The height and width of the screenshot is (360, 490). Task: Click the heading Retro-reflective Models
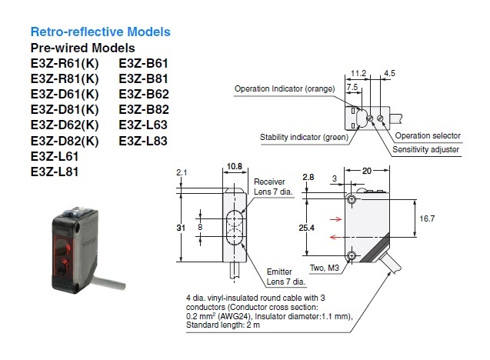pos(100,32)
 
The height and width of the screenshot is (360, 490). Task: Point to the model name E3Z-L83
pos(143,141)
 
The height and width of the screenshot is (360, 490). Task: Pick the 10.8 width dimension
pos(235,165)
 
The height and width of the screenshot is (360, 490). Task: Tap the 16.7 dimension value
pos(428,218)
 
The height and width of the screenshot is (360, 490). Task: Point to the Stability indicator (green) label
pos(303,136)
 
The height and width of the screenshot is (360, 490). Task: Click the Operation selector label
pos(433,136)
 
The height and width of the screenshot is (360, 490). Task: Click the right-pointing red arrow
pos(337,218)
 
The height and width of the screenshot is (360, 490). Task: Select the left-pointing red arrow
pos(337,238)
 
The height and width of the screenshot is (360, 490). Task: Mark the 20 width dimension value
pos(367,169)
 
